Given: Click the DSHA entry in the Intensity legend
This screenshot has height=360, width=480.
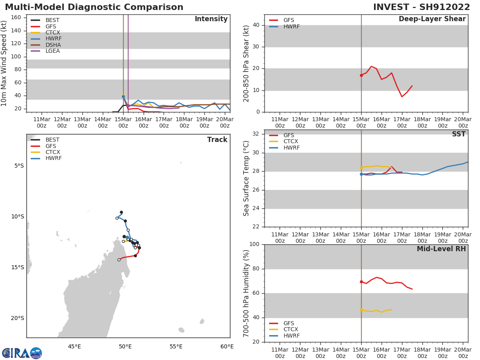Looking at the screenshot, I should point(53,45).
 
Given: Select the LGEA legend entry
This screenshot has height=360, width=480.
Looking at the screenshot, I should point(53,51).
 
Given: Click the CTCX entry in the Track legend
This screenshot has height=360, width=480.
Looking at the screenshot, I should point(53,152).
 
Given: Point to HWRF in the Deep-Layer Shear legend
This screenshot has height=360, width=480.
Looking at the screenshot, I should point(291,26).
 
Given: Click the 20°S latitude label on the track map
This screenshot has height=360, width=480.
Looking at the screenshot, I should point(17,318).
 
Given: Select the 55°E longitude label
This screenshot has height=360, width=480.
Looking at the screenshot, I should point(176,346).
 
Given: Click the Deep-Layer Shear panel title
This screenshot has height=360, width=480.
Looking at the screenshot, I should point(432,19).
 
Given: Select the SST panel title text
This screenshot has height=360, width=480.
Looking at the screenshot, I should point(459,134).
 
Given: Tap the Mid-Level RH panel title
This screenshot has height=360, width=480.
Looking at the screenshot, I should point(441,249).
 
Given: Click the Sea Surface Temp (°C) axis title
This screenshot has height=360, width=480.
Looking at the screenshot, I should point(247,178).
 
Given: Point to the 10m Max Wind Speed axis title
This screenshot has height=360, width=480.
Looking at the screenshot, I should point(4,63).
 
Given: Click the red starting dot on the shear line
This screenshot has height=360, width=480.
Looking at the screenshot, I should point(361,75).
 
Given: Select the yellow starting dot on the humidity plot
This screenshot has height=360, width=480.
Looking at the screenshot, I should point(361,310).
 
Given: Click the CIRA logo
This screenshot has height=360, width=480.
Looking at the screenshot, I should point(22,353).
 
